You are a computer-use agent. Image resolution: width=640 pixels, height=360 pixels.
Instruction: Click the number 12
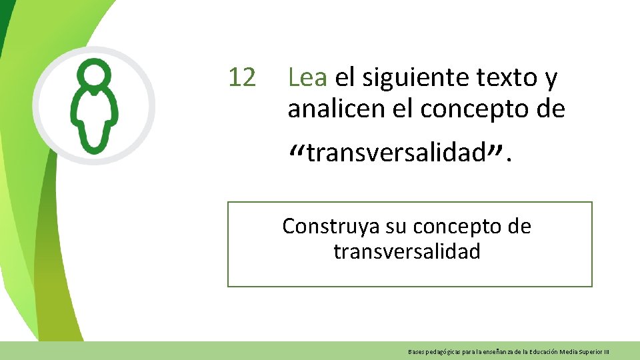click(x=241, y=78)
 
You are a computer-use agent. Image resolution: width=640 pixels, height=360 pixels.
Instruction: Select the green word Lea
click(x=307, y=78)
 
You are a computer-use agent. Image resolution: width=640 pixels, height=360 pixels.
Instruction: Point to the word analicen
click(x=336, y=109)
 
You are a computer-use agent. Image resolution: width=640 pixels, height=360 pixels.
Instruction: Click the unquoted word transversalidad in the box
click(x=407, y=251)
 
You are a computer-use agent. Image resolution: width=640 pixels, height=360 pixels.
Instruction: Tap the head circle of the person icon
click(x=94, y=75)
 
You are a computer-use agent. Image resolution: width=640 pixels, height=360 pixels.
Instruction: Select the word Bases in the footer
click(x=415, y=351)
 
